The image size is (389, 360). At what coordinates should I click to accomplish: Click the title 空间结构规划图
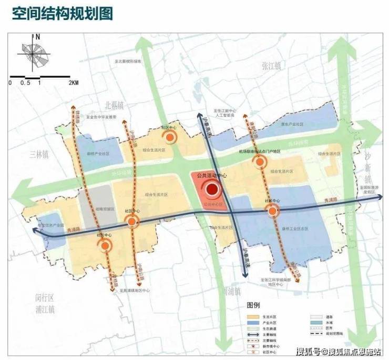(63, 13)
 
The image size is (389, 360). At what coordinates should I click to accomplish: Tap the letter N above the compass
(37, 37)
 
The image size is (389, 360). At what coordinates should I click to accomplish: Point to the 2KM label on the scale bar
(73, 83)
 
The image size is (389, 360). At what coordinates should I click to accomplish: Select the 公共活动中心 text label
(211, 176)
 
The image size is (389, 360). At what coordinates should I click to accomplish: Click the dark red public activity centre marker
(212, 190)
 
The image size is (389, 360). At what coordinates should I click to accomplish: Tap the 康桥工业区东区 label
(296, 229)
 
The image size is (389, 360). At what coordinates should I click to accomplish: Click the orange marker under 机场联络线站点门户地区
(259, 163)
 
